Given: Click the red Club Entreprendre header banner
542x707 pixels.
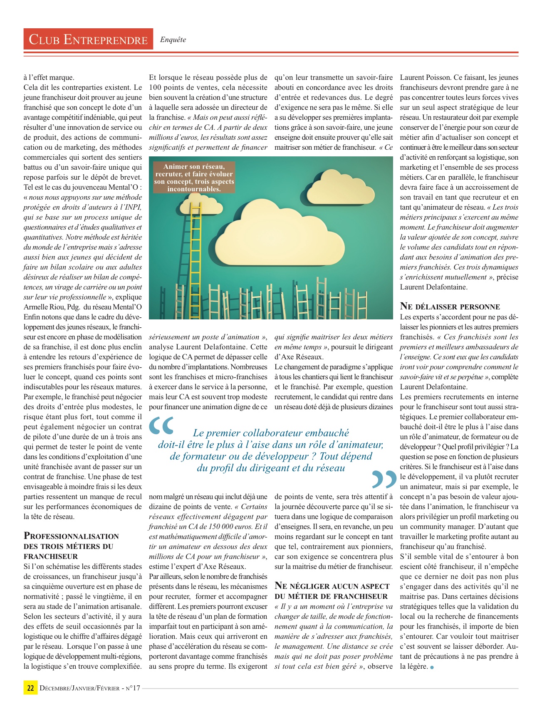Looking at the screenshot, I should pyautogui.click(x=88, y=39).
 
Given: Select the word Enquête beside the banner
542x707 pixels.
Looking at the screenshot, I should pyautogui.click(x=173, y=40).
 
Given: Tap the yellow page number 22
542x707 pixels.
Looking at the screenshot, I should pyautogui.click(x=30, y=687).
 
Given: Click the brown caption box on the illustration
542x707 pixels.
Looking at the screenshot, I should pyautogui.click(x=194, y=178).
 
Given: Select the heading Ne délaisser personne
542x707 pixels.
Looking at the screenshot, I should pyautogui.click(x=450, y=307).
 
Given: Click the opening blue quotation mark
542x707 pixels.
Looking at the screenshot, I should pyautogui.click(x=161, y=425).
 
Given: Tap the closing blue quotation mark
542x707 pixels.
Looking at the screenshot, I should pyautogui.click(x=384, y=480).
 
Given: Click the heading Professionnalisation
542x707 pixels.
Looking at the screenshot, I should pyautogui.click(x=71, y=536).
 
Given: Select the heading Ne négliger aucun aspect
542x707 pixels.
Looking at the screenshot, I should pyautogui.click(x=332, y=586).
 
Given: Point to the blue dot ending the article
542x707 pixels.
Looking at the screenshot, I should pyautogui.click(x=432, y=667).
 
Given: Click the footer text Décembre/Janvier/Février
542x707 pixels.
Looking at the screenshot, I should pyautogui.click(x=79, y=688).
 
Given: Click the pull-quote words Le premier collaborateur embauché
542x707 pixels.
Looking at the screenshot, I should pyautogui.click(x=271, y=433).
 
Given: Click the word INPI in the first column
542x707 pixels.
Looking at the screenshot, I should pyautogui.click(x=133, y=207).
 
